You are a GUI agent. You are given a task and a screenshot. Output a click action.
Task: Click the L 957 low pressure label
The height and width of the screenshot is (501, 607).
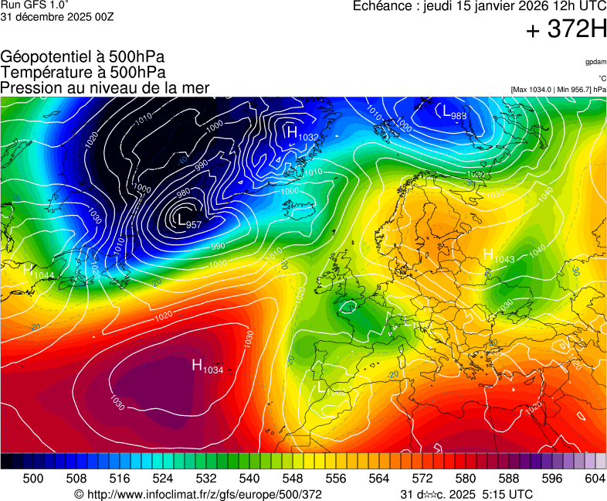pos(189,221)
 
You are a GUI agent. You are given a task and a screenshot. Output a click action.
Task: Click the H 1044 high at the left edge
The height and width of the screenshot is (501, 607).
pos(38,271)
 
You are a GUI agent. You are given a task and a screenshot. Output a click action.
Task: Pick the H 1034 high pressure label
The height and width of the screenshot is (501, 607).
pos(207,366)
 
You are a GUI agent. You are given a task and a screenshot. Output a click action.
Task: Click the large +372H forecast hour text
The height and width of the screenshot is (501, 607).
pos(566,30)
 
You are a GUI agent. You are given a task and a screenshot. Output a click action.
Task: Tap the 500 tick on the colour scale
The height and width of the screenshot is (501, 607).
pos(33,479)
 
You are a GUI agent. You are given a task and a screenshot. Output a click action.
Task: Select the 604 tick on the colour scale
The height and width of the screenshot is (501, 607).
pos(595,479)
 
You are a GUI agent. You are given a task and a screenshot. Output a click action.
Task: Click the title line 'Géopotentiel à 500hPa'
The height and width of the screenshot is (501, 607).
pos(83,57)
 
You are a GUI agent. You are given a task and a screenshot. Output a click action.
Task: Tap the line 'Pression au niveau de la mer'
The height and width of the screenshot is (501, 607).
pos(105,88)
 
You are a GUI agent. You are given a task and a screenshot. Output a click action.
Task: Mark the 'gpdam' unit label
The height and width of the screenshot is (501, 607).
pos(595,62)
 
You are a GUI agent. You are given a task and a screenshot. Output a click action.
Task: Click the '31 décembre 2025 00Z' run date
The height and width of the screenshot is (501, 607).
pos(57,17)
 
